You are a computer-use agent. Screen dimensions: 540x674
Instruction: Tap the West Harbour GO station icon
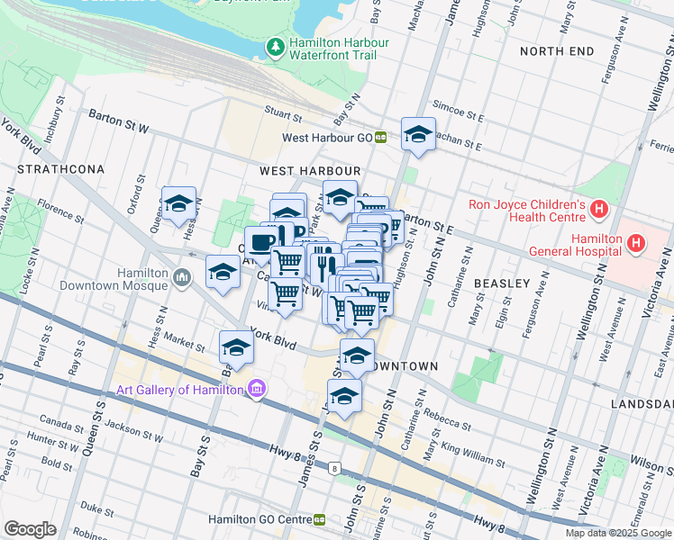click(381, 138)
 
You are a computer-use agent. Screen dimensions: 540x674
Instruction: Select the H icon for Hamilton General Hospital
click(636, 243)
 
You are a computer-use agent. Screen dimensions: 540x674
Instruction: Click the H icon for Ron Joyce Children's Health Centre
click(600, 209)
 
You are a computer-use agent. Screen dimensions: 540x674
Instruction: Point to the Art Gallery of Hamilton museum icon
click(256, 389)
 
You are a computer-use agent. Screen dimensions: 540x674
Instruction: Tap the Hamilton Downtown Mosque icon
click(183, 277)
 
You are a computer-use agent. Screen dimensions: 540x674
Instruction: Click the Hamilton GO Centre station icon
click(319, 520)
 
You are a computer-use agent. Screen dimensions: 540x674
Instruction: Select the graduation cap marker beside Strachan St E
click(417, 135)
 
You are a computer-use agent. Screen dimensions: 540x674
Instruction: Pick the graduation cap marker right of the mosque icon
click(223, 273)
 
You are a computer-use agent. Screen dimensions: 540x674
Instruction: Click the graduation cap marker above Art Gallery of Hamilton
click(236, 346)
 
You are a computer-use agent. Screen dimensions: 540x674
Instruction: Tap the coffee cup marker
click(261, 243)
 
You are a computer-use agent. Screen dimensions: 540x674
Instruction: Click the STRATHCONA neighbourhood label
click(60, 169)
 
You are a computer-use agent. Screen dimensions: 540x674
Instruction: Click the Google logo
click(30, 529)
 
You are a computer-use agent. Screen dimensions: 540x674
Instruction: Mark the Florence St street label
click(61, 213)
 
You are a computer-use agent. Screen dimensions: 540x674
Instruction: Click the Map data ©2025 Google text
click(617, 533)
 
